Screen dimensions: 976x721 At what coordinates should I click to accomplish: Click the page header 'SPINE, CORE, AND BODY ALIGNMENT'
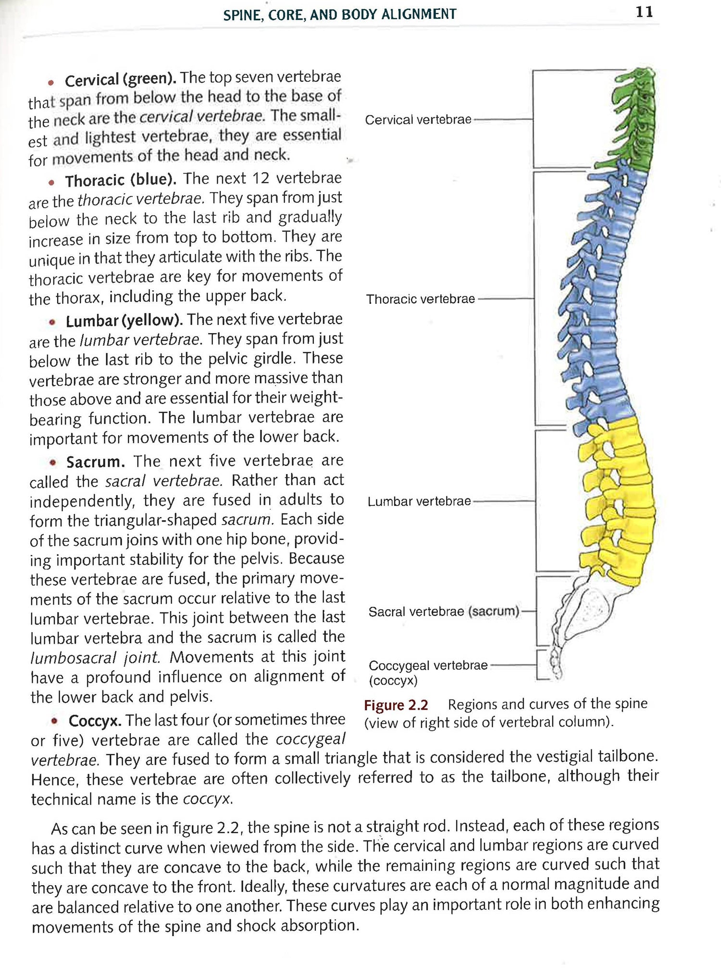tap(340, 14)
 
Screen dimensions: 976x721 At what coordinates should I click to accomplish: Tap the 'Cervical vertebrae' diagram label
tap(418, 120)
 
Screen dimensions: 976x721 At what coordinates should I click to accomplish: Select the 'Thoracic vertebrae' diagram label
tap(420, 299)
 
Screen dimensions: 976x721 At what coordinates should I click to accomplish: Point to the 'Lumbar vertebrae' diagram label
tap(419, 501)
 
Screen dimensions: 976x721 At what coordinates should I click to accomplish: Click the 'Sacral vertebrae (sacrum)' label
tap(443, 612)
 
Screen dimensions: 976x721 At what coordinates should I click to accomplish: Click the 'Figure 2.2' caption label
tap(396, 705)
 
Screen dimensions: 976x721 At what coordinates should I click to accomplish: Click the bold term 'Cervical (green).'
tap(121, 79)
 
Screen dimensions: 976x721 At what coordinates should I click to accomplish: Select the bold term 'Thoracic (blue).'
tap(121, 180)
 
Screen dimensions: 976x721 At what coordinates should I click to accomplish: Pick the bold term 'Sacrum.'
tap(96, 462)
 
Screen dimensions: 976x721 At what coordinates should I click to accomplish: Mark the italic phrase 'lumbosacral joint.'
tap(94, 657)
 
